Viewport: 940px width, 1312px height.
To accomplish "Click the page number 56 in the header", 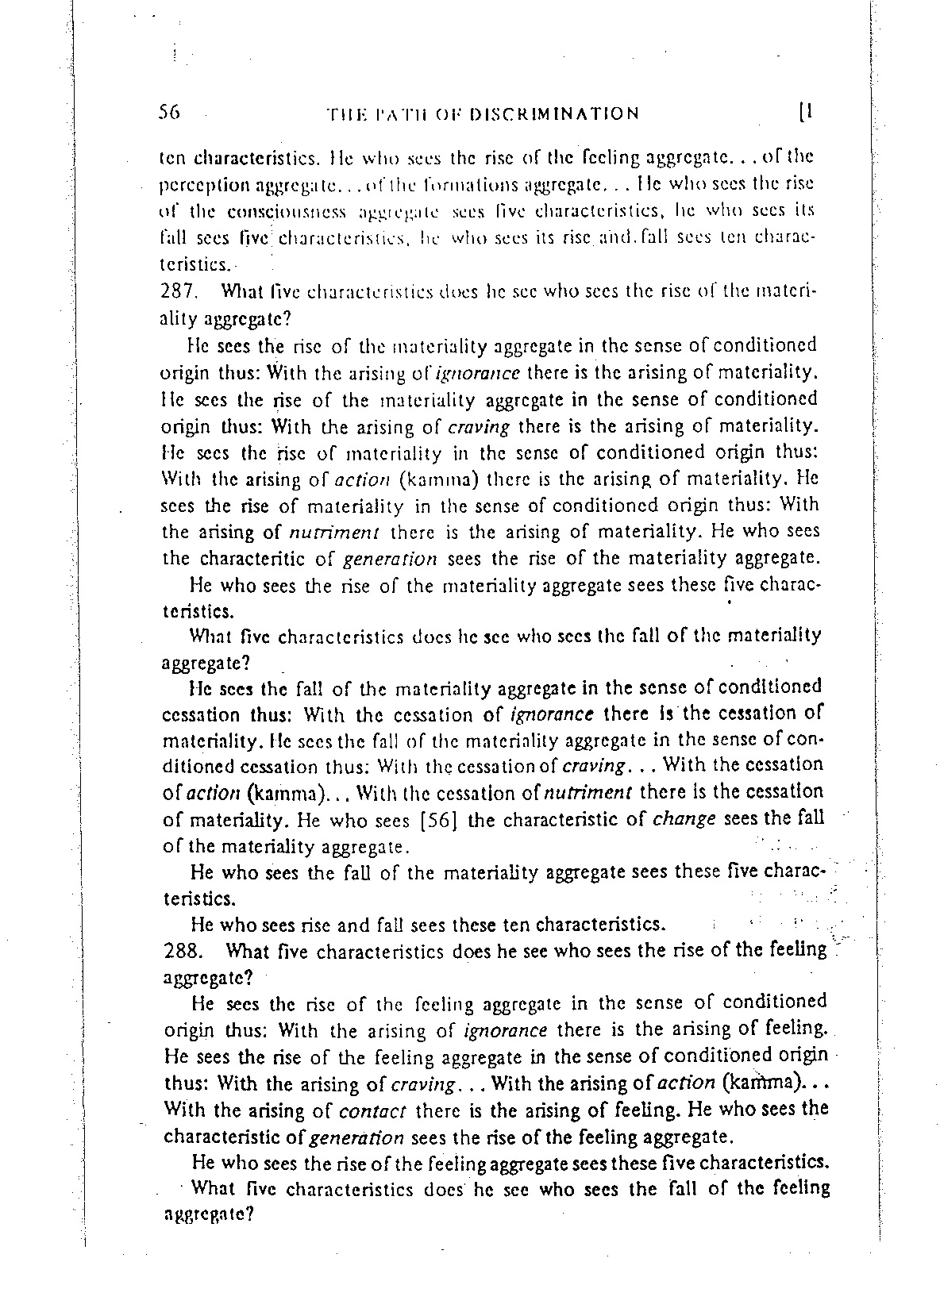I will pos(169,112).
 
